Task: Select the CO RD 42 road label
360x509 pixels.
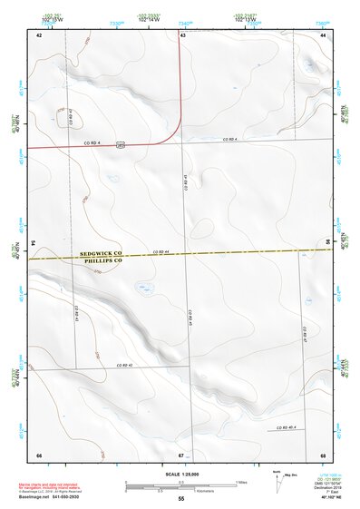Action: click(124, 365)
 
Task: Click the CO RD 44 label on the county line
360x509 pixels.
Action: click(161, 251)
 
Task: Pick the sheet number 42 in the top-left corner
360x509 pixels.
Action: click(39, 34)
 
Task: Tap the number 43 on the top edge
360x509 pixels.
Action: click(182, 34)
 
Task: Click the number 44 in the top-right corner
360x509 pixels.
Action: click(323, 34)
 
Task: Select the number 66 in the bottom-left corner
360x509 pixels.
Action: click(39, 454)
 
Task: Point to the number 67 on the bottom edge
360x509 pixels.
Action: click(181, 454)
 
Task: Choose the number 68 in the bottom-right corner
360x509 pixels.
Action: click(323, 454)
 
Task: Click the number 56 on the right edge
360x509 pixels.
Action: click(327, 241)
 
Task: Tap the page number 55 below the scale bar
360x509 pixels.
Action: click(181, 499)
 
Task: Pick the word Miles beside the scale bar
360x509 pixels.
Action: click(242, 481)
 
